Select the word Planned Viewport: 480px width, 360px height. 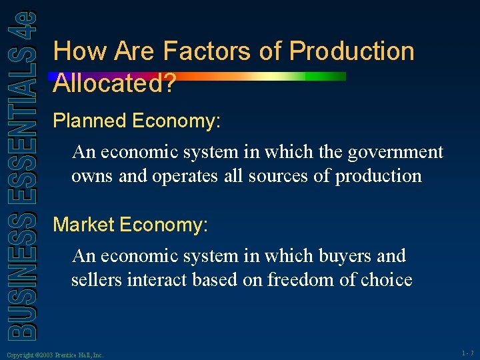coord(90,121)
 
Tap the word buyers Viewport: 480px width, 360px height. coord(333,256)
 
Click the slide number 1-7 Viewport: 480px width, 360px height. coord(467,352)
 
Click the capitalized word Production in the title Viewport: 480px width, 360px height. coord(352,51)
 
